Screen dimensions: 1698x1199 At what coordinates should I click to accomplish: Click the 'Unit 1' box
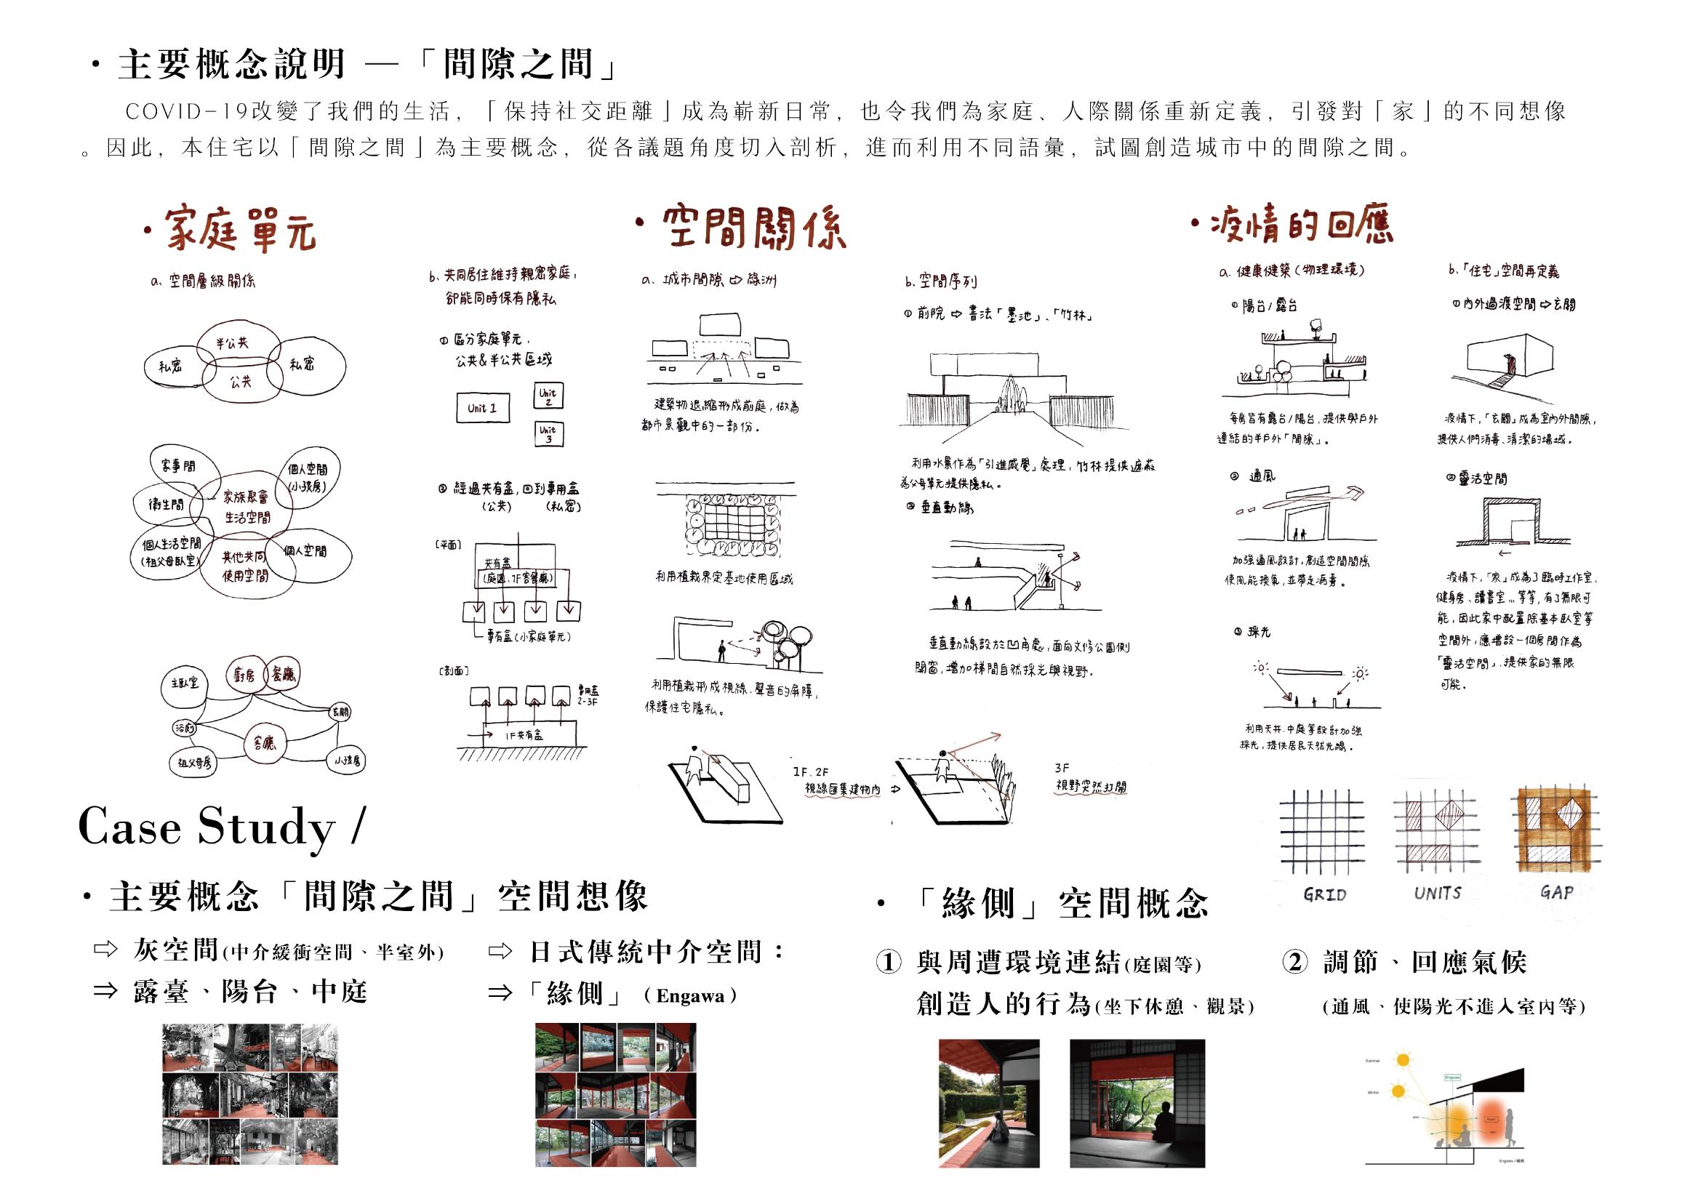[x=482, y=408]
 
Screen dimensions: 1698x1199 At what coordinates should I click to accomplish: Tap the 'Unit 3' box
[x=548, y=433]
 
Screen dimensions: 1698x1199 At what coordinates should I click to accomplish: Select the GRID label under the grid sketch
[x=1324, y=894]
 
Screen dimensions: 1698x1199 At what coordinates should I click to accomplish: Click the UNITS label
[x=1438, y=893]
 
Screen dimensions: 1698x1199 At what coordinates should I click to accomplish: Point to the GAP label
[x=1557, y=892]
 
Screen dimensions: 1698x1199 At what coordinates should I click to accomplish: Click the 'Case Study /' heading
[x=221, y=826]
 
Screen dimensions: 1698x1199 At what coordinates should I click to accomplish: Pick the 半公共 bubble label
[x=232, y=343]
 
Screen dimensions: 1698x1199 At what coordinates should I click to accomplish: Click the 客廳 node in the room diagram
[x=264, y=742]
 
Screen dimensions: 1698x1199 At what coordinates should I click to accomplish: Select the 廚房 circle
[x=244, y=675]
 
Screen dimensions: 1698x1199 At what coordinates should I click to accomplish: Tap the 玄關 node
[x=340, y=712]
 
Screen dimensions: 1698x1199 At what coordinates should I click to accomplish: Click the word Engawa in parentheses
[x=690, y=996]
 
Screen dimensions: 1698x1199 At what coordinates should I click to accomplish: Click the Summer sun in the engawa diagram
[x=1401, y=1060]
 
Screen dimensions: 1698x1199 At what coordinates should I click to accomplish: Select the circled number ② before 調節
[x=1295, y=961]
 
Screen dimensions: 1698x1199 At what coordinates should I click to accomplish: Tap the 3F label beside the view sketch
[x=1061, y=768]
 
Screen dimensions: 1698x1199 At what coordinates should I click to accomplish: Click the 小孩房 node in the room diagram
[x=348, y=761]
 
